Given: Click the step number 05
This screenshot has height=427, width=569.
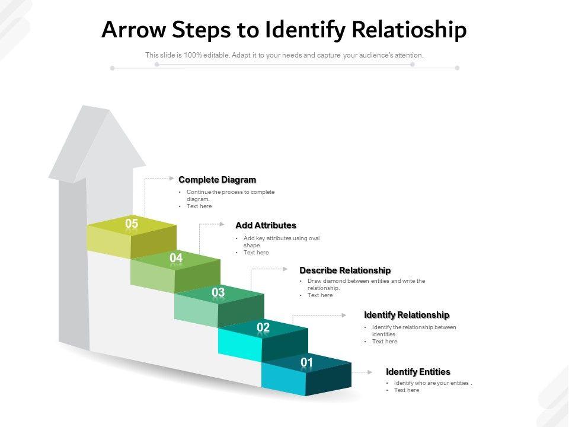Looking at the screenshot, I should pyautogui.click(x=132, y=224).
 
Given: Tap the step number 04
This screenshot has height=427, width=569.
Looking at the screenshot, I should pyautogui.click(x=176, y=258).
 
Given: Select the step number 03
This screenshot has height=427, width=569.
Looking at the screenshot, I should pyautogui.click(x=218, y=292).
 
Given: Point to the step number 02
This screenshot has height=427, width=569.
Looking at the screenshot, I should pyautogui.click(x=263, y=327).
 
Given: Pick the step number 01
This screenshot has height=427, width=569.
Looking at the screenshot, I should pyautogui.click(x=306, y=362).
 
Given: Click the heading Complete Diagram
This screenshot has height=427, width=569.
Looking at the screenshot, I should pyautogui.click(x=217, y=180).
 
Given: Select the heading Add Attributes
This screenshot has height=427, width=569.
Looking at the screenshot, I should pyautogui.click(x=266, y=225).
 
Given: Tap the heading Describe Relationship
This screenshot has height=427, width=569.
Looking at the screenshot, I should pyautogui.click(x=345, y=270).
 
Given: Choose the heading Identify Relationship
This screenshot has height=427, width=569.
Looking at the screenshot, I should pyautogui.click(x=407, y=315).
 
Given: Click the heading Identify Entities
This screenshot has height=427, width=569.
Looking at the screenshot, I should pyautogui.click(x=418, y=372).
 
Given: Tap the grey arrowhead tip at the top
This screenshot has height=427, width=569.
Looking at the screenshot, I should pyautogui.click(x=89, y=107).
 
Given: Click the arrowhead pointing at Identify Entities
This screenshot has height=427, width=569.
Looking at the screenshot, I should pyautogui.click(x=370, y=372).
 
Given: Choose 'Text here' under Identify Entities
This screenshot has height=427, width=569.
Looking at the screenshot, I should pyautogui.click(x=407, y=390).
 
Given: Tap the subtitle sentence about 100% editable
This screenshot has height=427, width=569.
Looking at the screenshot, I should pyautogui.click(x=284, y=55).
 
